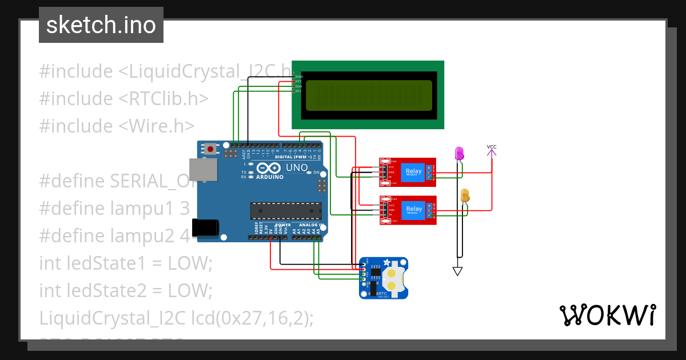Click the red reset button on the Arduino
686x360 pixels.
(x=211, y=150)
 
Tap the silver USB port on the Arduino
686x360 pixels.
(x=204, y=171)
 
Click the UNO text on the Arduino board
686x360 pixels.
(x=297, y=168)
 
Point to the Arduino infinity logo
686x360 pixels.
(x=269, y=168)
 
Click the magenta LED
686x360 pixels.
(x=458, y=153)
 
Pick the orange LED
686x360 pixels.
(x=465, y=196)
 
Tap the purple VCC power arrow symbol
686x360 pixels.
(x=492, y=151)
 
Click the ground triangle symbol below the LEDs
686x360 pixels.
(x=457, y=271)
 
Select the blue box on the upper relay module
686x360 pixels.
(x=413, y=172)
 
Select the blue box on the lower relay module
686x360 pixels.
(x=413, y=210)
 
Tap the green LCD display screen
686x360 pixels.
(x=369, y=95)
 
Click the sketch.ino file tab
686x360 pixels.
(x=101, y=25)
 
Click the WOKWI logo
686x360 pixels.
(x=607, y=315)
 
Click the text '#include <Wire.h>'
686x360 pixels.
(x=117, y=126)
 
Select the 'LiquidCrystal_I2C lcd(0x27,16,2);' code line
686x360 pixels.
(x=176, y=318)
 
